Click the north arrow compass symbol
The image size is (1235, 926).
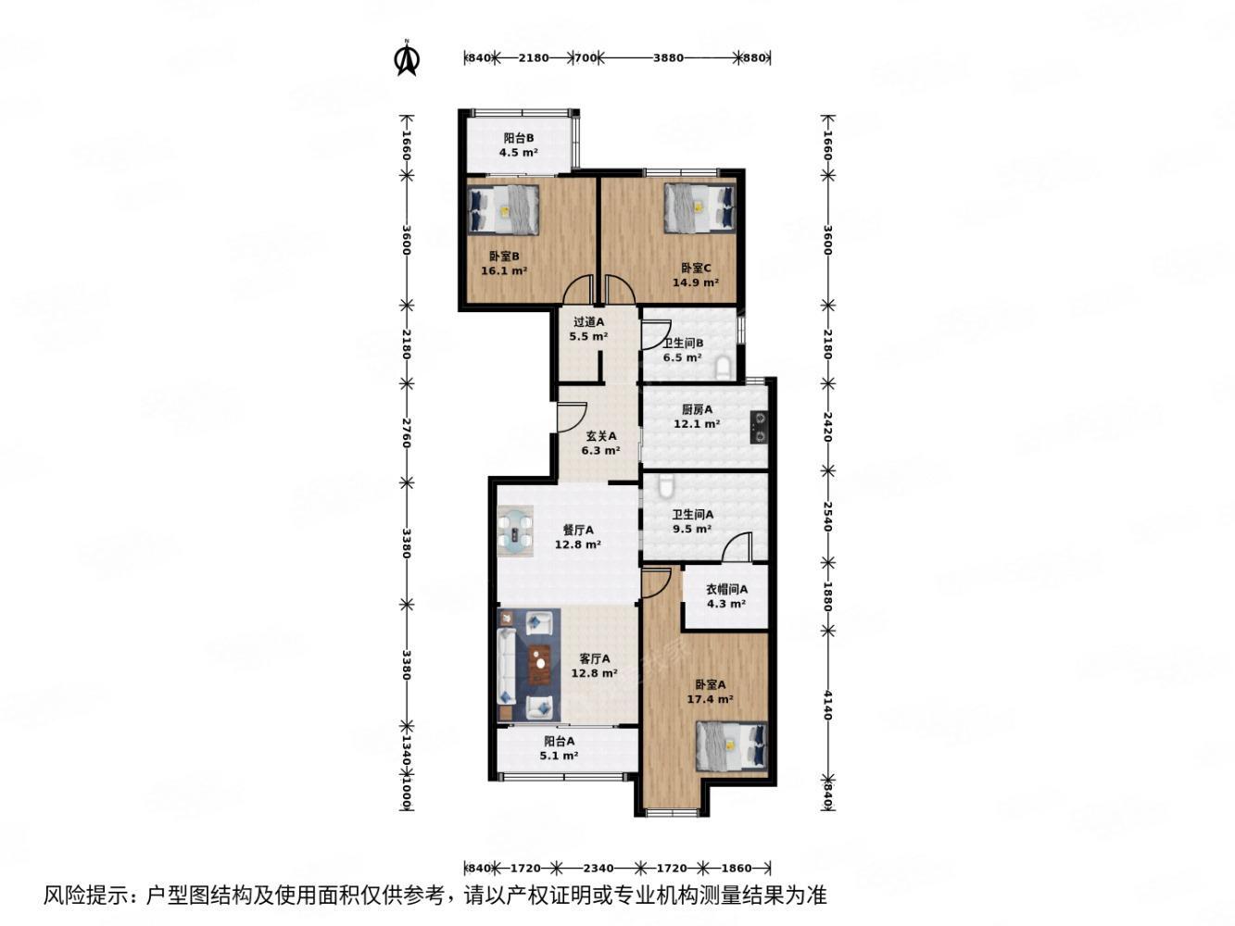pos(407,58)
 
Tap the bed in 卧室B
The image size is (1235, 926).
pos(504,209)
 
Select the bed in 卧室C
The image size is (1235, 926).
pos(699,208)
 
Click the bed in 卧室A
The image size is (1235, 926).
pos(732,747)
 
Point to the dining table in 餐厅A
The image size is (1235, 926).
pos(515,532)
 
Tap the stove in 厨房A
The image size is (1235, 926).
pos(759,425)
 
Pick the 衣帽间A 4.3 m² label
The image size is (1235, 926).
pos(726,596)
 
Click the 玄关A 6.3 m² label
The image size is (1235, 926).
pos(600,444)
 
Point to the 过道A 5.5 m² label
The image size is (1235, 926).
pos(588,330)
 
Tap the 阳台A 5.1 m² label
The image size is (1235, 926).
pos(559,748)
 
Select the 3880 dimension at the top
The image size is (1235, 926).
pos(668,57)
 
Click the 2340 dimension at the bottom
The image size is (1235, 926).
pos(598,868)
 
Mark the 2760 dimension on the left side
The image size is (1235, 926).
pos(406,432)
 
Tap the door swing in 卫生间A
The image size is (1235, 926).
pos(737,548)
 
